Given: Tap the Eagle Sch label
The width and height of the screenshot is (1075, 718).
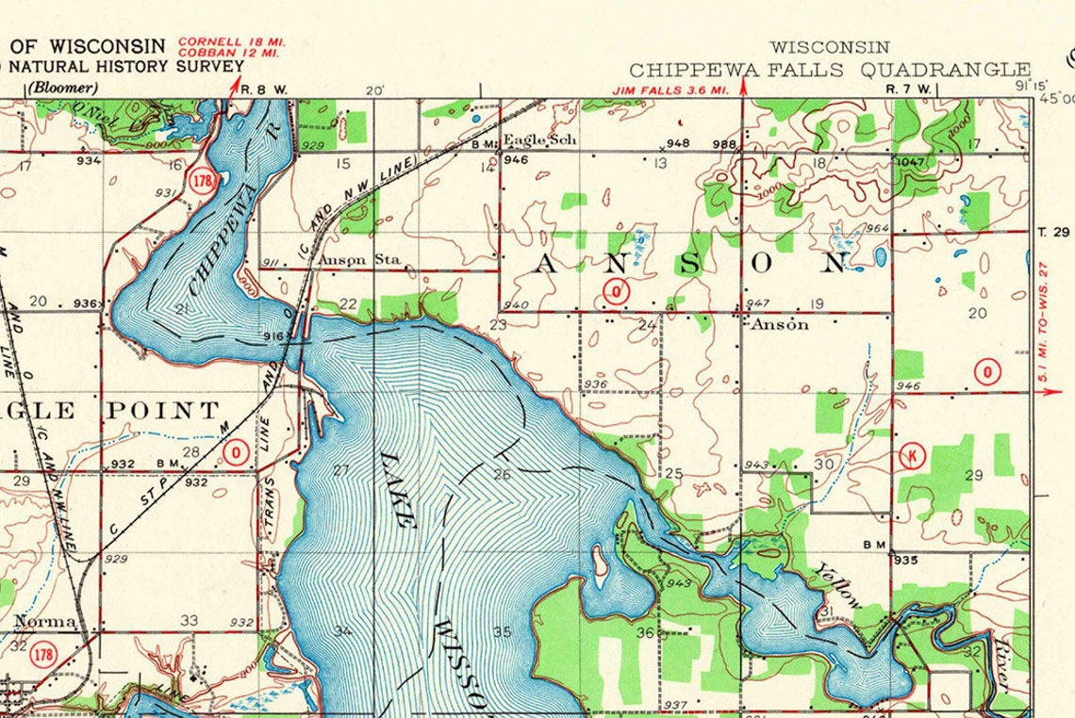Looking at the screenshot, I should point(540,139).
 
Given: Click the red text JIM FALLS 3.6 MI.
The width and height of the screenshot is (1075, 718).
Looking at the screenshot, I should point(670,90).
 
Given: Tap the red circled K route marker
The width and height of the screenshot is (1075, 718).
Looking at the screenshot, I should point(913,456).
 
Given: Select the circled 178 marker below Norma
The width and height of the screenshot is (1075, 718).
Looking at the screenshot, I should point(41,653).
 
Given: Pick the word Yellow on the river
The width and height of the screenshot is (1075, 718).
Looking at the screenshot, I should point(839,584).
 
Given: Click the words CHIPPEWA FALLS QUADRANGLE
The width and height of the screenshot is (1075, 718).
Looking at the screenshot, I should point(830,70).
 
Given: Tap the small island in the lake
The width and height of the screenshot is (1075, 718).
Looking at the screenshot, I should point(600,562).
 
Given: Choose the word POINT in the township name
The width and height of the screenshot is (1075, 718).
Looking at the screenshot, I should point(162,410).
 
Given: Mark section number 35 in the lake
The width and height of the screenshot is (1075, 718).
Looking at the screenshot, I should point(502,632).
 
